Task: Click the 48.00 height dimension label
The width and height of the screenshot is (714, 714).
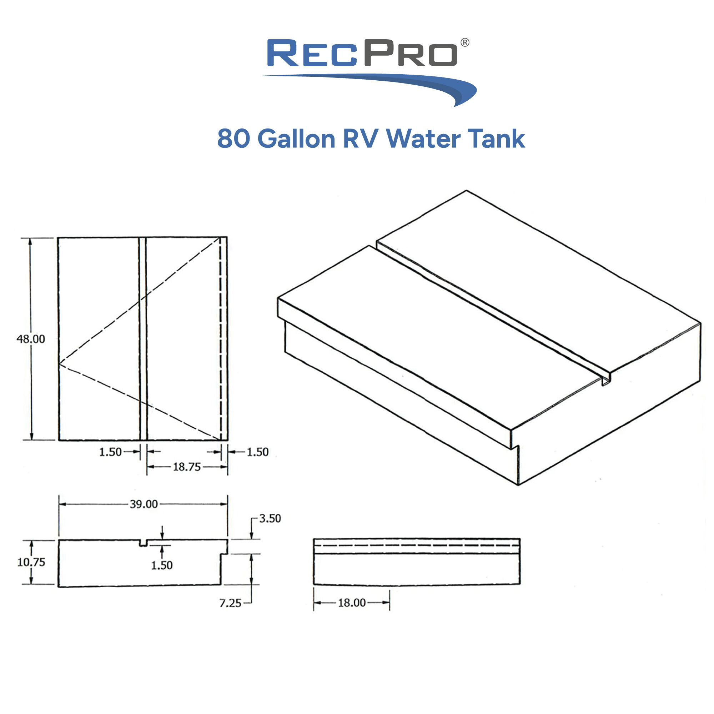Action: pos(31,339)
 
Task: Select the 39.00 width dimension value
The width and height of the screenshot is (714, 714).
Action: pos(144,504)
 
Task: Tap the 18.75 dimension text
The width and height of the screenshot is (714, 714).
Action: pos(187,467)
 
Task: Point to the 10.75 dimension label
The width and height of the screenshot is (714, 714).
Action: pos(31,562)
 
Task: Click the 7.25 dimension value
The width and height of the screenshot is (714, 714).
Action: pos(230,603)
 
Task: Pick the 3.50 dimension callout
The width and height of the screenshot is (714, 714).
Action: pos(270,518)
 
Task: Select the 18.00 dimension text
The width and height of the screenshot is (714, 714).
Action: pos(351,603)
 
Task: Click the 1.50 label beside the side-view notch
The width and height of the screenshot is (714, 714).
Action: pos(161,565)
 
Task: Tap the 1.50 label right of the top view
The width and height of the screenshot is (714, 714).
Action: pos(258,452)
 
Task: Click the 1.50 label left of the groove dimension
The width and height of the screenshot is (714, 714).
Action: pos(110,452)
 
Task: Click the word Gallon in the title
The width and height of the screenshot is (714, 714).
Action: pos(296,139)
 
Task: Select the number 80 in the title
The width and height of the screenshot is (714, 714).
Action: pos(234,139)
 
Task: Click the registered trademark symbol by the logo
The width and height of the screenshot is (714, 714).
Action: pos(465,42)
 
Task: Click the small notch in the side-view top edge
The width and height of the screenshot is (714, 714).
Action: pos(144,543)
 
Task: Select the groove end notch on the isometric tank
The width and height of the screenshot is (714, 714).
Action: pos(606,381)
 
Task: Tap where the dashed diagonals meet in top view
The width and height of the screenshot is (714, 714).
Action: pos(60,364)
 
